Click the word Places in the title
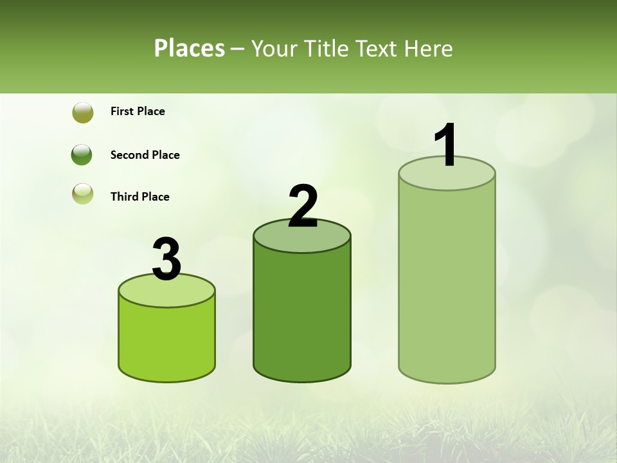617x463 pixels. pyautogui.click(x=190, y=48)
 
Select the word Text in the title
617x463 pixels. pyautogui.click(x=376, y=48)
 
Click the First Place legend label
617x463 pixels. pyautogui.click(x=138, y=111)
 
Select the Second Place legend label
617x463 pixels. pyautogui.click(x=145, y=155)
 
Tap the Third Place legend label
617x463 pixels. pyautogui.click(x=140, y=197)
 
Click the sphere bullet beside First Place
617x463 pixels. pyautogui.click(x=83, y=113)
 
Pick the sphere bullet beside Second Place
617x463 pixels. pyautogui.click(x=82, y=155)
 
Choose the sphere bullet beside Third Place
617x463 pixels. pyautogui.click(x=83, y=194)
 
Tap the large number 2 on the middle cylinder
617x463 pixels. pyautogui.click(x=303, y=206)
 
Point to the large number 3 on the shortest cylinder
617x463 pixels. pyautogui.click(x=167, y=259)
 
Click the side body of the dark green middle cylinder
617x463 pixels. pyautogui.click(x=302, y=315)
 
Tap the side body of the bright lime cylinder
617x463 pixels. pyautogui.click(x=167, y=341)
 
